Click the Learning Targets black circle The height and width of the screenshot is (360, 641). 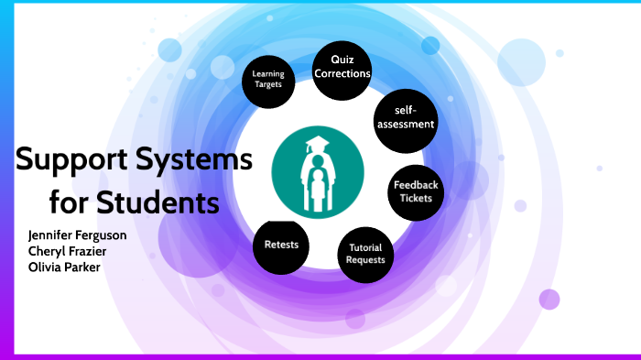coord(268,78)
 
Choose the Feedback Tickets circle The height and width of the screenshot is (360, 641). coord(417,191)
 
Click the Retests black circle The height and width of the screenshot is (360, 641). coord(281,245)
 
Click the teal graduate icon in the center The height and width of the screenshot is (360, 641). coord(319,174)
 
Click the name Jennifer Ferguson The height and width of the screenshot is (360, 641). coord(77,235)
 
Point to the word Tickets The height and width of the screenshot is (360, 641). coord(417,199)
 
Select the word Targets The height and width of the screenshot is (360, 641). coord(268,83)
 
